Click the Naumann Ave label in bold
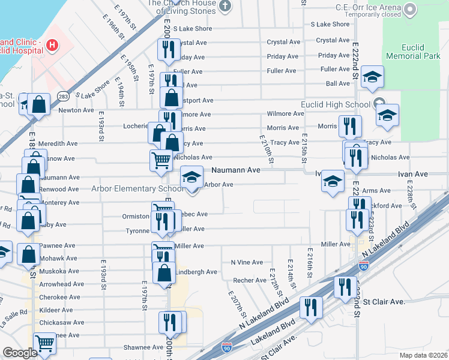tap(236, 170)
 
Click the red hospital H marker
tap(52, 44)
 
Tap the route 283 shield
tap(62, 96)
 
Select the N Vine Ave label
tap(247, 263)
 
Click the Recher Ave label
tap(250, 280)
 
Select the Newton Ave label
tap(76, 110)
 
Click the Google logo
tap(20, 353)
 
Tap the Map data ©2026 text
tap(423, 355)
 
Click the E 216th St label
tap(310, 263)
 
